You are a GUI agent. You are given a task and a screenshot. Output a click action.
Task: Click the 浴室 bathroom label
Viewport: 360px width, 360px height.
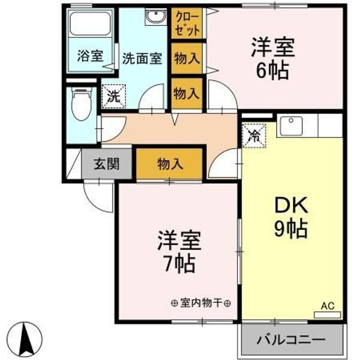90,56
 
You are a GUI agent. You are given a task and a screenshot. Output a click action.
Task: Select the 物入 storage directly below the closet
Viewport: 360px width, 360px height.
187,58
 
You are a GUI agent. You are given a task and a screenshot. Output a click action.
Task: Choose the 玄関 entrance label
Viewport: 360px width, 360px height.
106,163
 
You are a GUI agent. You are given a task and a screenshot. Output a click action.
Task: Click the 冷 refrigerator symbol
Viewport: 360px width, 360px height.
254,134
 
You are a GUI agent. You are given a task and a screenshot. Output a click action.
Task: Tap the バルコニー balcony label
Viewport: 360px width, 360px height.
291,340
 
